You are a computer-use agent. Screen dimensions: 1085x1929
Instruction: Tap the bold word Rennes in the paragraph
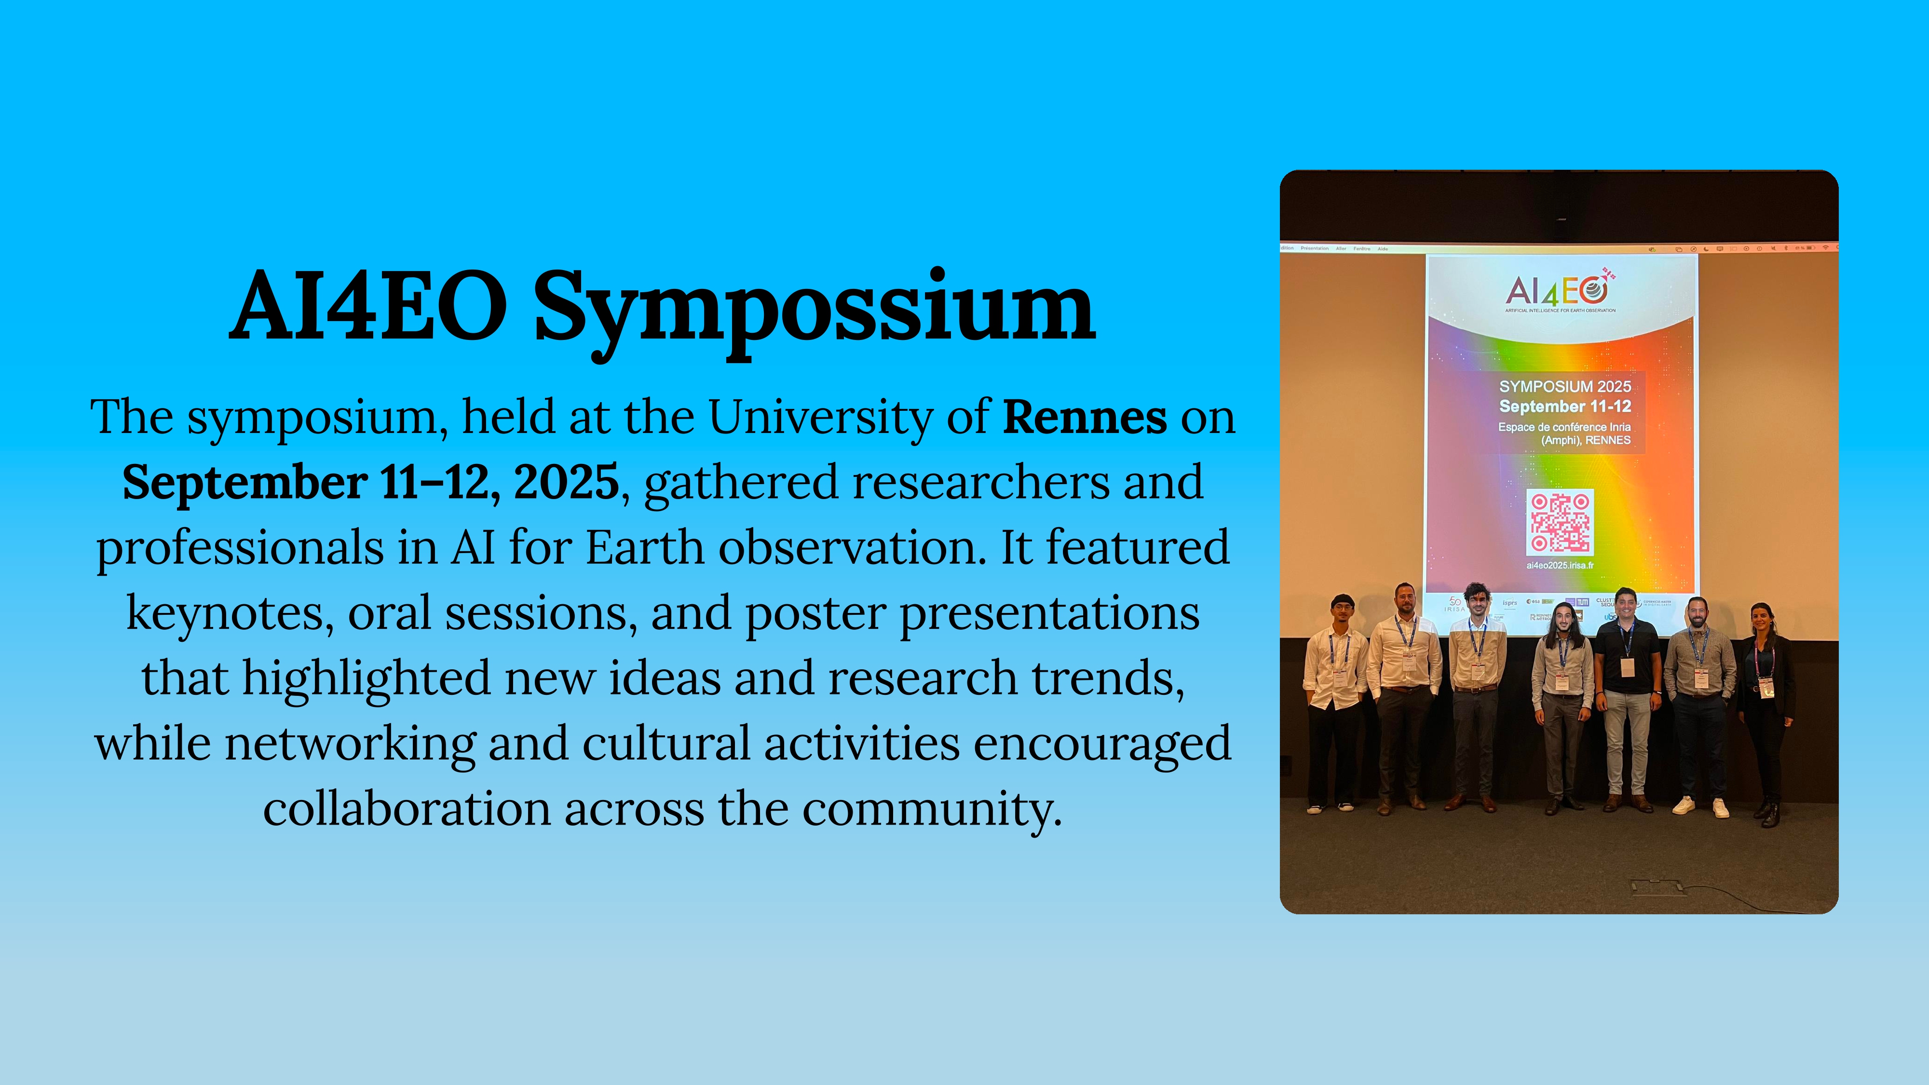click(x=1084, y=418)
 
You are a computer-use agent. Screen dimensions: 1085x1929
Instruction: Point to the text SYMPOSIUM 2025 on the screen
click(x=1564, y=386)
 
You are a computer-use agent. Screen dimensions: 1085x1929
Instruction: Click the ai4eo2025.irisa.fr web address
click(x=1560, y=565)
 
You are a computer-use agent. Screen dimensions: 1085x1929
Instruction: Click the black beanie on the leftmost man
click(x=1343, y=600)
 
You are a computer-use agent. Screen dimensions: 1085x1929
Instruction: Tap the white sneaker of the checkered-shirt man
click(x=1684, y=805)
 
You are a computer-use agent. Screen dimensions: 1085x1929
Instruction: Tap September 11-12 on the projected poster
click(x=1564, y=407)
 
